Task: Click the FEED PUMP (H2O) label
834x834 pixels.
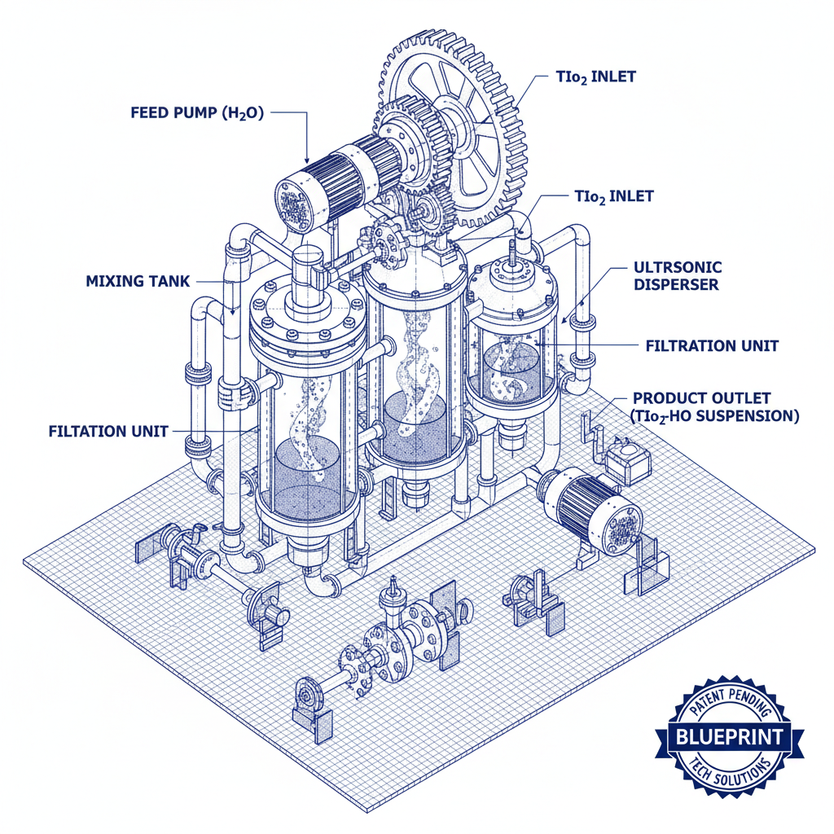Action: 197,113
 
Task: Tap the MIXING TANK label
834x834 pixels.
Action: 138,281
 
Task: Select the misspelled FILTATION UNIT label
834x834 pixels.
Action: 108,431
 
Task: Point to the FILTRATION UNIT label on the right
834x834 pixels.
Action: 711,346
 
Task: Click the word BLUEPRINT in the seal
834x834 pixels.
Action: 729,738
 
